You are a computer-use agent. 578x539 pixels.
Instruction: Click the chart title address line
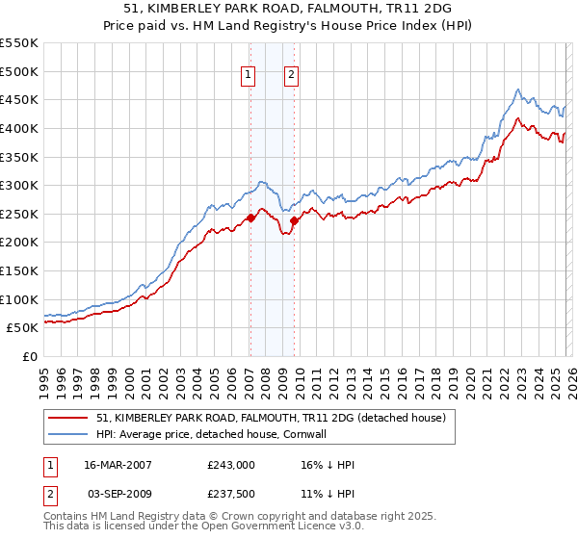click(x=288, y=9)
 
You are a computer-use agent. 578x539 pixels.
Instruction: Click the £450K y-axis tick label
click(x=19, y=99)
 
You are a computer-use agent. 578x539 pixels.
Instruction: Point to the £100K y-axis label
click(x=19, y=299)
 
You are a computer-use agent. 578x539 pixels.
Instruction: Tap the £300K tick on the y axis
click(x=19, y=185)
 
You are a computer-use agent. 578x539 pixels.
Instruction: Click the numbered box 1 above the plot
click(x=249, y=77)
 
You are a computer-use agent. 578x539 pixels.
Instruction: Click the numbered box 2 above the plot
click(x=291, y=77)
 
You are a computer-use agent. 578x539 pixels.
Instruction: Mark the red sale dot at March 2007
click(x=250, y=218)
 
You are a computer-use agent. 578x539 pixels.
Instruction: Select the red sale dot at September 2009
click(x=293, y=220)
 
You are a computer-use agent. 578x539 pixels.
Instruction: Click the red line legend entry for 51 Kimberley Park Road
click(x=271, y=418)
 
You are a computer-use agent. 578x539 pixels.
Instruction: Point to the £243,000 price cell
click(x=231, y=464)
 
